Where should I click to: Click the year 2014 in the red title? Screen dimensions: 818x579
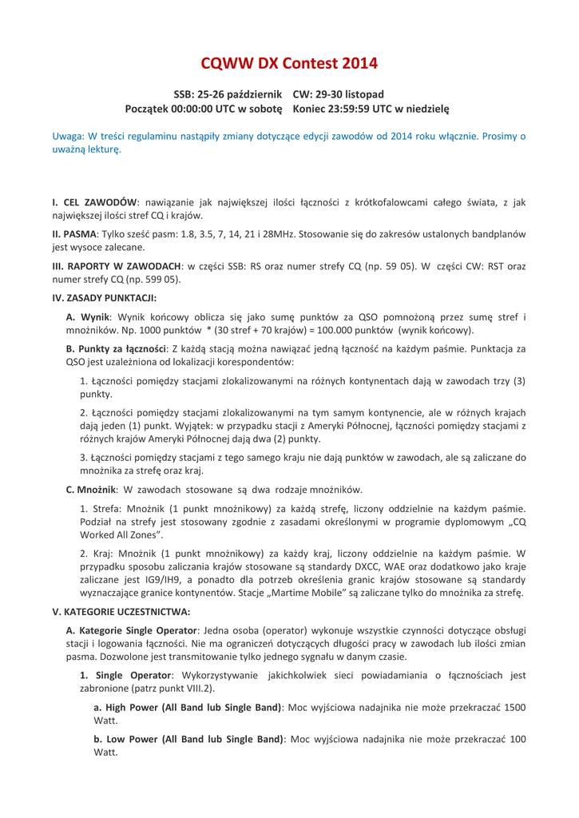[x=355, y=63]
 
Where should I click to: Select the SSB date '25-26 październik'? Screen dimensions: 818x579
[x=239, y=93]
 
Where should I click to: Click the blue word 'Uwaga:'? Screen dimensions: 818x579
[x=69, y=137]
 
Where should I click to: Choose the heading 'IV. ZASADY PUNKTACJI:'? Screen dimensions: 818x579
[x=104, y=298]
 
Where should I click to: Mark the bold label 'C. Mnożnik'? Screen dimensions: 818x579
[x=93, y=488]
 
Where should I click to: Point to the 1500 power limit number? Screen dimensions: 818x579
[x=514, y=707]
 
